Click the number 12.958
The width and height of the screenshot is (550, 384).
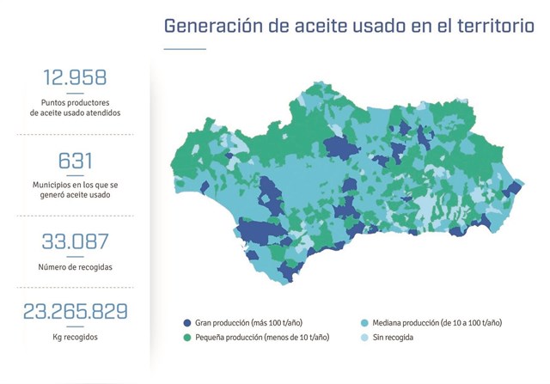tap(75, 78)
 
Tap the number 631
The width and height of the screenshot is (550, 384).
tap(75, 162)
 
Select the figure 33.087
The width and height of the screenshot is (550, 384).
tap(75, 242)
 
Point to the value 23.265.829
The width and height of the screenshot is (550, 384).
tap(75, 311)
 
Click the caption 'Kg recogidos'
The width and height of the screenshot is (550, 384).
tap(75, 337)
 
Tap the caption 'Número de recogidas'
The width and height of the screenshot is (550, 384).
tap(75, 266)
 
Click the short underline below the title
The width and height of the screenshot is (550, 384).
tap(185, 49)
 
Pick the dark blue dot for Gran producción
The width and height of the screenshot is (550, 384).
tap(187, 322)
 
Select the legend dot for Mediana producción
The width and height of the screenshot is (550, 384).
tap(365, 322)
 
